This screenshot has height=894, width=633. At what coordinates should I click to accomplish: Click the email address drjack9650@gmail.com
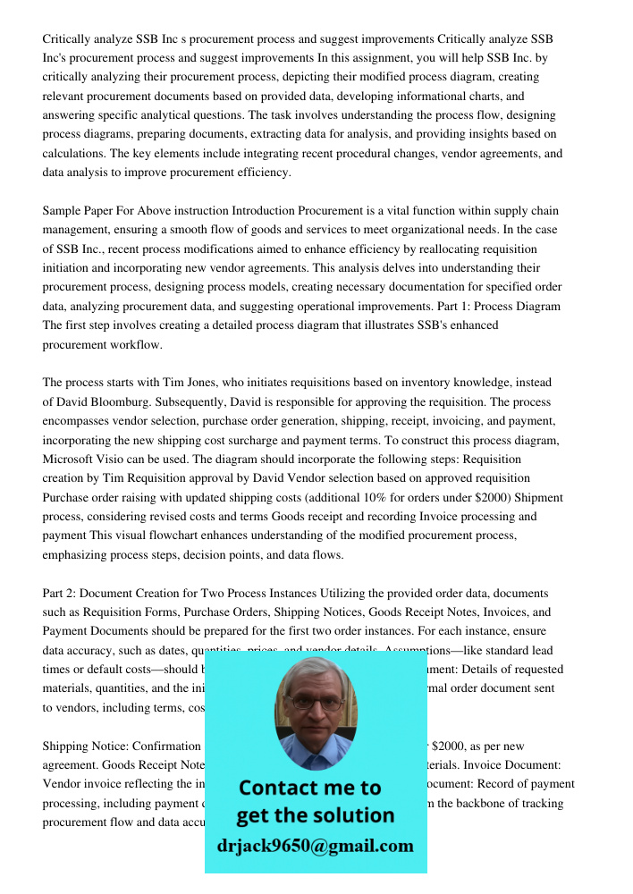(315, 846)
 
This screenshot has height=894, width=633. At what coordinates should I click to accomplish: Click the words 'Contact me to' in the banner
(310, 788)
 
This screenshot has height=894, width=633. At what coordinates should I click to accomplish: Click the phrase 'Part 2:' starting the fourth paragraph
(62, 593)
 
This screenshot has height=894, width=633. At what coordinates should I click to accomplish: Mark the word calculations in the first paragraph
(75, 154)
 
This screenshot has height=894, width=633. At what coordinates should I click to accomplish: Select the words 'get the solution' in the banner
(315, 815)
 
